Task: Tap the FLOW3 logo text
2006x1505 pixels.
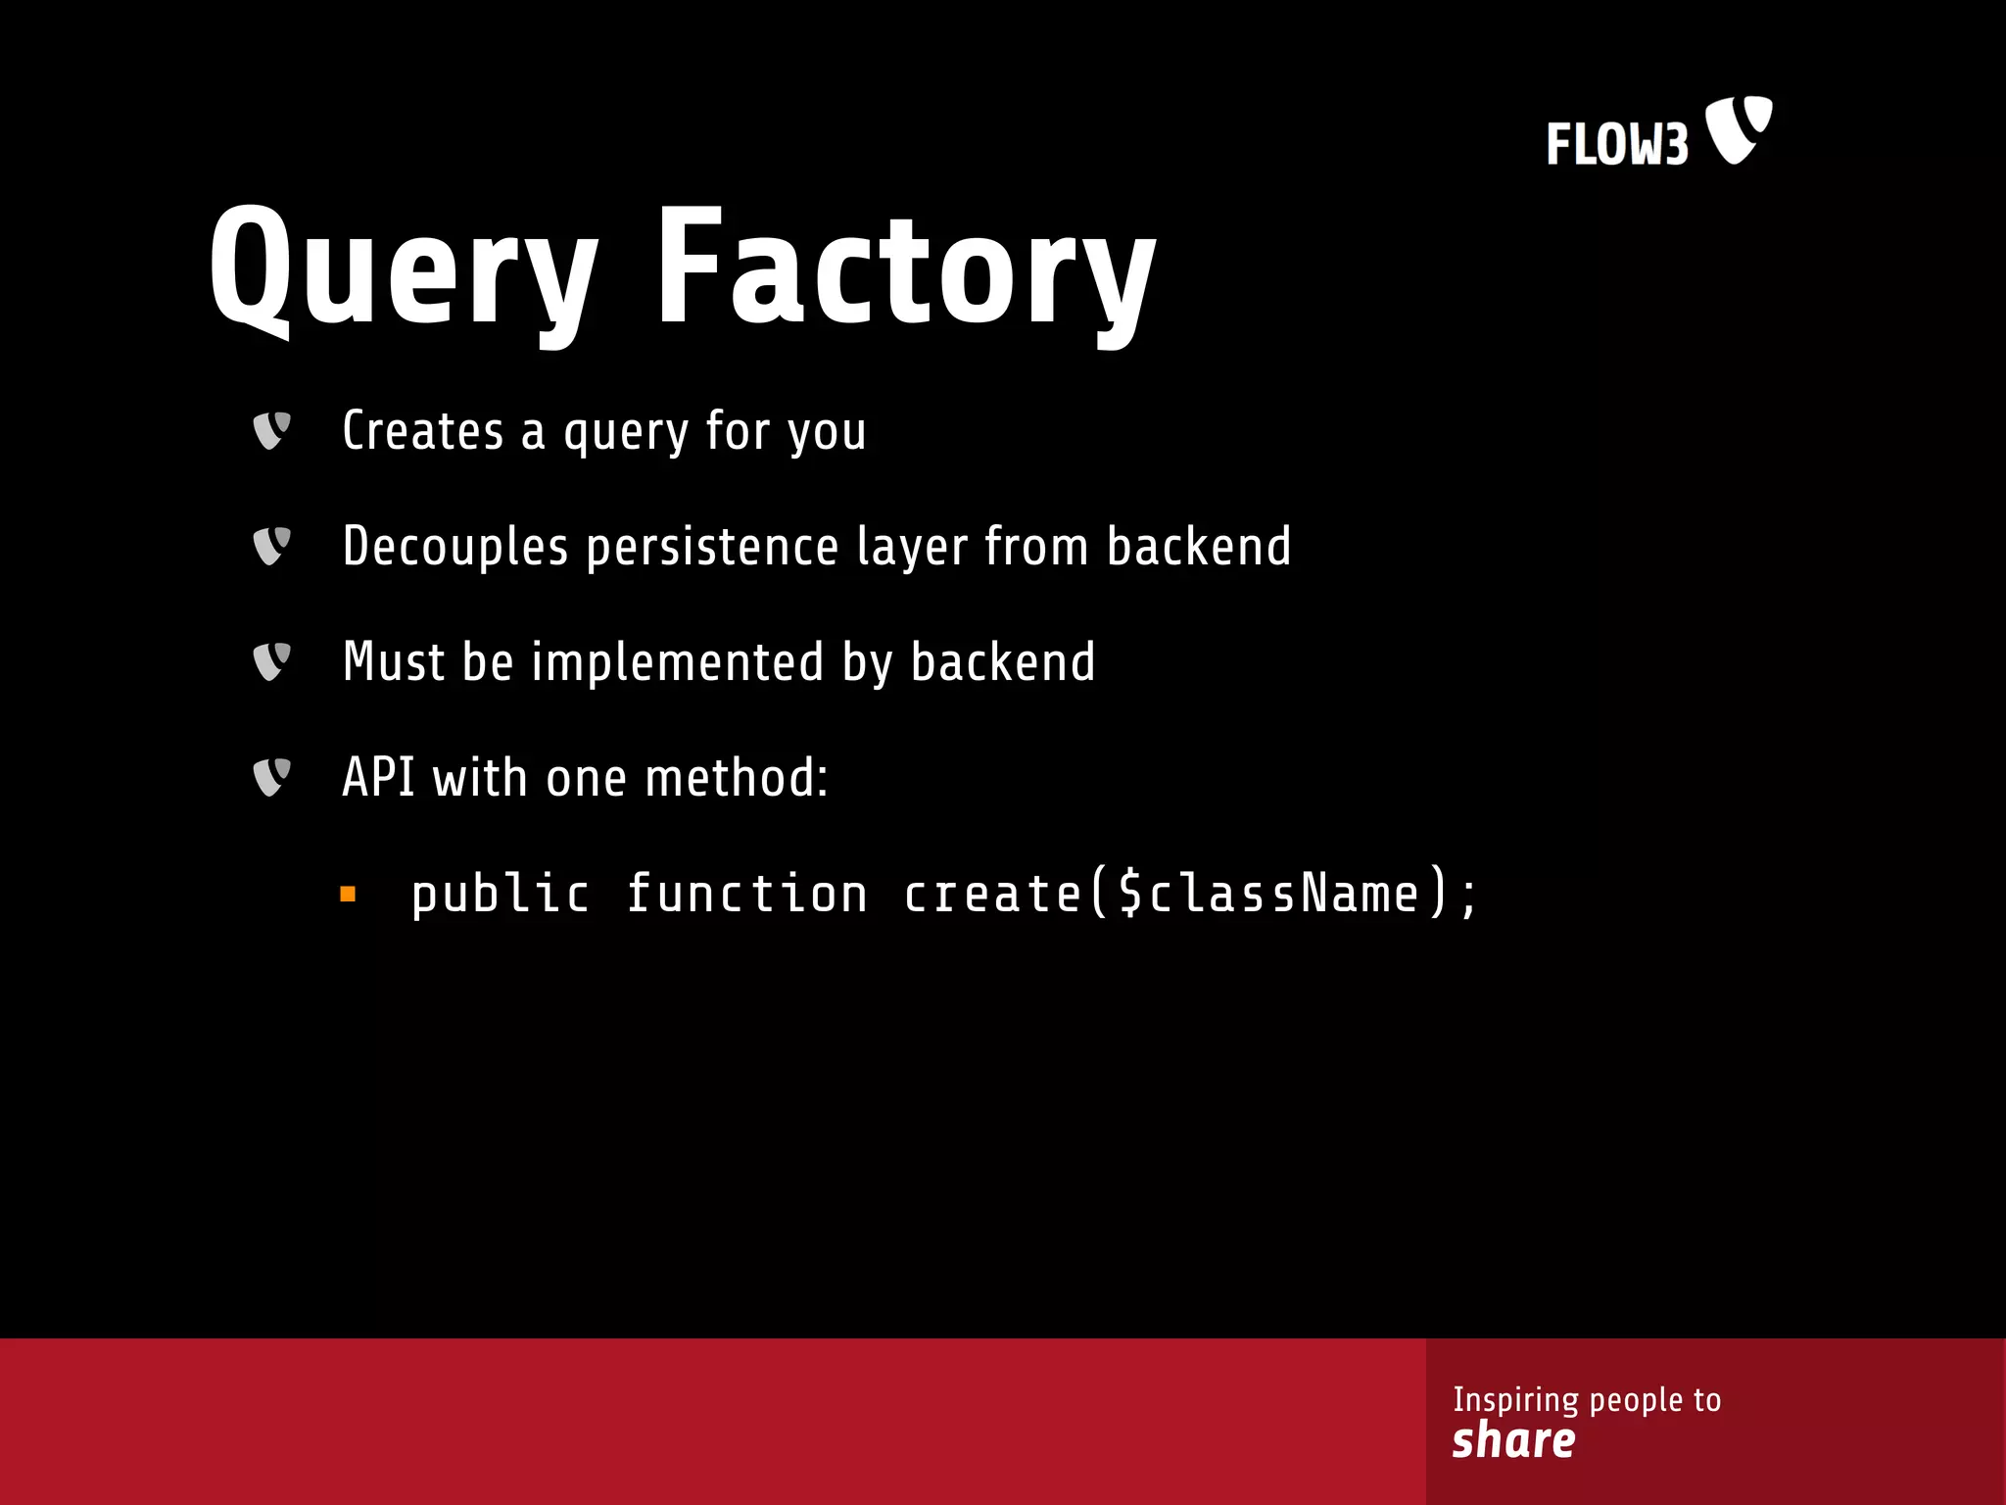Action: pos(1617,145)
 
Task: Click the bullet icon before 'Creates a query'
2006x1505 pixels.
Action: pos(271,430)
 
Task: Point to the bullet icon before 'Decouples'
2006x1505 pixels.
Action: pos(271,546)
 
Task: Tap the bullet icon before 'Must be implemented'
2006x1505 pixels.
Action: pos(271,661)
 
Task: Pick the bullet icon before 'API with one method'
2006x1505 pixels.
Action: pos(271,777)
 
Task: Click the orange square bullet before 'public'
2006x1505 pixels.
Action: pos(348,894)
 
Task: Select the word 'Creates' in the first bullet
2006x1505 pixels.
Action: pos(422,430)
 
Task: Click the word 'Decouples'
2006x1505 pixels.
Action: pos(455,546)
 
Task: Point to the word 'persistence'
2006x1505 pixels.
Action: pos(712,546)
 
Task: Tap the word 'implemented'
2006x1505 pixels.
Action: pos(678,661)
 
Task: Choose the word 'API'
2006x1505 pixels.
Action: pos(378,777)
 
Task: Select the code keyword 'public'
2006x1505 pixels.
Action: pos(501,894)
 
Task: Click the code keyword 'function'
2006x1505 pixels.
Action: pos(746,894)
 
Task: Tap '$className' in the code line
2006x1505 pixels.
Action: pos(1268,894)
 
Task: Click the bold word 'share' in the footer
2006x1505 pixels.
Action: pos(1513,1440)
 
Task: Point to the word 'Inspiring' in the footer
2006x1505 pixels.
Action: pos(1515,1399)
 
